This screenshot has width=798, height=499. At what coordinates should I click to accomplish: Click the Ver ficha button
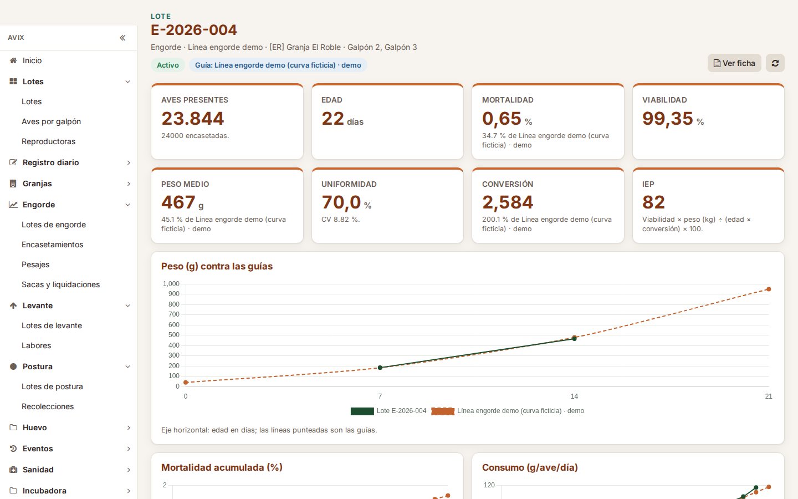pos(734,63)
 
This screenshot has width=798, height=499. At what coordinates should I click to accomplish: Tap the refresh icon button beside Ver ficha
pos(775,63)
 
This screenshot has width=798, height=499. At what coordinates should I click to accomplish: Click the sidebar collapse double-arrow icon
pos(122,38)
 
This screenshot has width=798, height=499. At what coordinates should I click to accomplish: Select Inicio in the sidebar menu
pos(32,60)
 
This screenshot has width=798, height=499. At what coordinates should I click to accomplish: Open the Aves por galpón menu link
pos(52,121)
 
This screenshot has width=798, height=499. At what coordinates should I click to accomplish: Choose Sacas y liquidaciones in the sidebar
pos(60,284)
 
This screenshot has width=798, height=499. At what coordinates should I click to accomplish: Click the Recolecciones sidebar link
pos(48,406)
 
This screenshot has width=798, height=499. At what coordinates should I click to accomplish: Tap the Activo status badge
pos(168,65)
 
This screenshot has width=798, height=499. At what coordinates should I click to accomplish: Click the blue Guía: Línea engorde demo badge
pos(278,65)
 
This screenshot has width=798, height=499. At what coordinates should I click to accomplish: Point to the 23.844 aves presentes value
pos(193,118)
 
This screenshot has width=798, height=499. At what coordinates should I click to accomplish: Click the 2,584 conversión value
pos(508,202)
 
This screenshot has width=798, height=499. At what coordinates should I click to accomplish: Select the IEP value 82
pos(653,202)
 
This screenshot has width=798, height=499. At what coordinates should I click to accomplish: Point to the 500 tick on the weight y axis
pos(174,335)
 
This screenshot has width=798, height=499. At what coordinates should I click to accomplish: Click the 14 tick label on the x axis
pos(574,396)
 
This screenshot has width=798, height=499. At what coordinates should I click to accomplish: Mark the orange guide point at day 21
pos(769,289)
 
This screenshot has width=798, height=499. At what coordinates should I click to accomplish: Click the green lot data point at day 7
pos(380,368)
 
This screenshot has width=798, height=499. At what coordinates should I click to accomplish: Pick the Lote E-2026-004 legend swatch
pos(362,411)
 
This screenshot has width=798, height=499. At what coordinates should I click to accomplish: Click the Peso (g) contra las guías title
pos(217,266)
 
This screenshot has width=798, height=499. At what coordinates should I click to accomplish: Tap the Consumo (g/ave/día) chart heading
pos(530,467)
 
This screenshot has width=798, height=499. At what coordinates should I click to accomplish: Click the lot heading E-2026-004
pos(194,30)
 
